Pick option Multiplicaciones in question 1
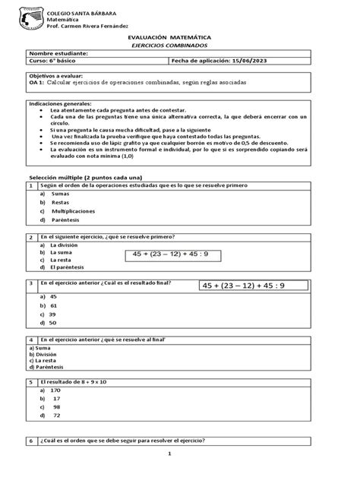coord(74,210)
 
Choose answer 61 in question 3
coord(53,305)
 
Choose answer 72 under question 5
coord(56,415)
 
